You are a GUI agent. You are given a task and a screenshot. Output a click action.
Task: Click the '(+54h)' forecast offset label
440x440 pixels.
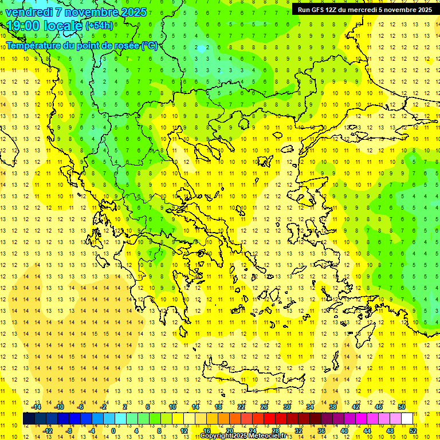(99, 26)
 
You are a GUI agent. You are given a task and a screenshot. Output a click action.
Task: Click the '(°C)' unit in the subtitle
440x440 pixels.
(150, 45)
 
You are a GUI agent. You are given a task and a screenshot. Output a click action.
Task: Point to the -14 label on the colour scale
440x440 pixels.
(36, 407)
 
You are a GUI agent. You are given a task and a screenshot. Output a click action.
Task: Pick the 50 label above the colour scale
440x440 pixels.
(402, 407)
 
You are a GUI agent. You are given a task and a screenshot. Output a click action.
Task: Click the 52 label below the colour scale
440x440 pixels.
(413, 430)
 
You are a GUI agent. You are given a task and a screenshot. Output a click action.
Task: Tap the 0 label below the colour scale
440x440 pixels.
(113, 430)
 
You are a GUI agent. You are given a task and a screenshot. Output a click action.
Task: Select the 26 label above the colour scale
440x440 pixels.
(264, 407)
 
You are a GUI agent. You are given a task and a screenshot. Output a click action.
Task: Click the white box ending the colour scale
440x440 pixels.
(407, 418)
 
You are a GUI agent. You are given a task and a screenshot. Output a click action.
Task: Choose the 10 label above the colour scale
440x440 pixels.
(172, 407)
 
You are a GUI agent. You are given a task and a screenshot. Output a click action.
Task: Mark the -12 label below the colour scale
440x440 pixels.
(48, 430)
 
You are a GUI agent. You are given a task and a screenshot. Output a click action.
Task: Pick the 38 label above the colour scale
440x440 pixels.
(333, 407)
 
